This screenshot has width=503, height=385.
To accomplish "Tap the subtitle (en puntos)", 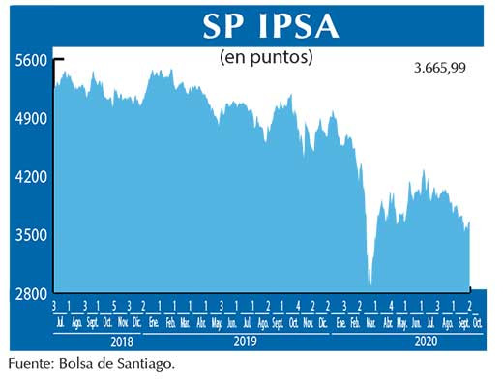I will click(x=267, y=57).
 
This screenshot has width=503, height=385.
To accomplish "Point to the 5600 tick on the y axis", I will click(x=31, y=60).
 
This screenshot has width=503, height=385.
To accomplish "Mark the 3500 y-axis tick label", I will click(x=31, y=236).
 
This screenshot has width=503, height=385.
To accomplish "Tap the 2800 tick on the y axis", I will click(x=31, y=294).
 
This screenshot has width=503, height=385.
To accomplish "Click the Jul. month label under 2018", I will click(x=62, y=322).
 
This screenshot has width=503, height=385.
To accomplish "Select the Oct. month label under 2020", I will click(x=477, y=322).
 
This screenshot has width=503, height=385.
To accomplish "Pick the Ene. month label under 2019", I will click(x=155, y=322).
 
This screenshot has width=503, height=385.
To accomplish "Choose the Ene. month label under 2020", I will click(x=341, y=322).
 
